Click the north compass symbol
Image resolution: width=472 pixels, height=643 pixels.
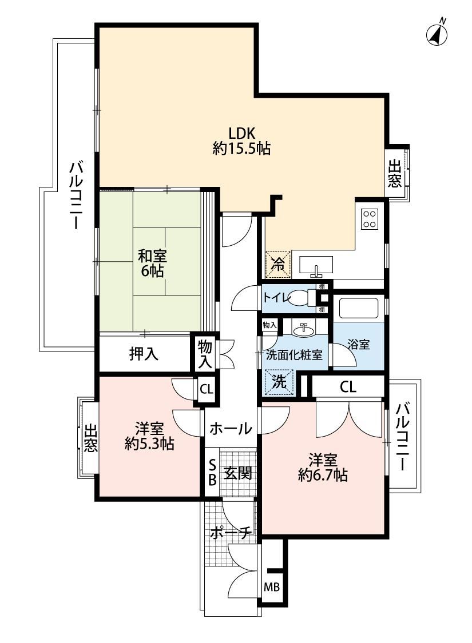pos(437,33)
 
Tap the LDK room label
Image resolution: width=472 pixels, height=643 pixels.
pos(242,141)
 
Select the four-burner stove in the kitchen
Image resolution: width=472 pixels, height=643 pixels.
pos(369,219)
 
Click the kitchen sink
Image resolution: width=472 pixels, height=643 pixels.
pos(316,265)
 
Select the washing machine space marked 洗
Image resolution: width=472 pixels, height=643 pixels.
pos(279,382)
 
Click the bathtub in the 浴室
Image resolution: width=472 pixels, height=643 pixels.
pos(359,308)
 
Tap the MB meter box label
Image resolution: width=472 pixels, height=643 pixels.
pos(271,588)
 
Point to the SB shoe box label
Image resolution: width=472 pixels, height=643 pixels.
pos(212,473)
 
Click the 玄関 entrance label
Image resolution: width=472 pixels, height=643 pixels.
pos(237,474)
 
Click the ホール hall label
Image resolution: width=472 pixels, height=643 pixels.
pos(231,429)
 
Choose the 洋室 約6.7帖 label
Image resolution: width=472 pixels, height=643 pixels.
pos(323,468)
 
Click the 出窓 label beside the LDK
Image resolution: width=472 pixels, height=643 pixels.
pos(395,173)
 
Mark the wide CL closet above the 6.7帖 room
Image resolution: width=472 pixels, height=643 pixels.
pos(348,386)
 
